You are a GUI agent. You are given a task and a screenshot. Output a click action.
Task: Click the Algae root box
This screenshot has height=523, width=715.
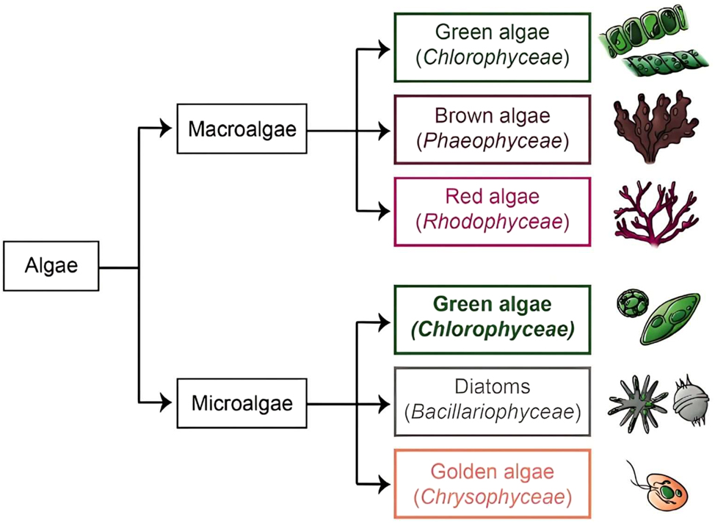(51, 265)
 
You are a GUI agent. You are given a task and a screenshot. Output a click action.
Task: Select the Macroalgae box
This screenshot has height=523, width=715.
(242, 129)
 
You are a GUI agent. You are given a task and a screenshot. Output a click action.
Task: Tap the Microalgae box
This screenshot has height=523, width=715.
(242, 403)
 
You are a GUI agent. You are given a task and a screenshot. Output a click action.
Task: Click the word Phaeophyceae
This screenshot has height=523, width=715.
(492, 141)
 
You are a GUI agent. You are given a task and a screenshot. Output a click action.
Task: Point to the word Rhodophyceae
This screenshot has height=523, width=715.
(492, 222)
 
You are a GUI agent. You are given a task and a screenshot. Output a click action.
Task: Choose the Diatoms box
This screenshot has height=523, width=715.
(492, 401)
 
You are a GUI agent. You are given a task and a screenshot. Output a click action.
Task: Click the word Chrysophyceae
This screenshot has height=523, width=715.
(492, 497)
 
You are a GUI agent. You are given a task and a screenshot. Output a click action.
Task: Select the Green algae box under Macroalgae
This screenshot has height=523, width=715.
(492, 46)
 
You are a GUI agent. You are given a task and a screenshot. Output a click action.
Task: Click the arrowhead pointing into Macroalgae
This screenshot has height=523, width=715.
(167, 130)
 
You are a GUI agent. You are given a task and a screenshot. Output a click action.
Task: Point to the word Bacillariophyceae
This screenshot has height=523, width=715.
(492, 413)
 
